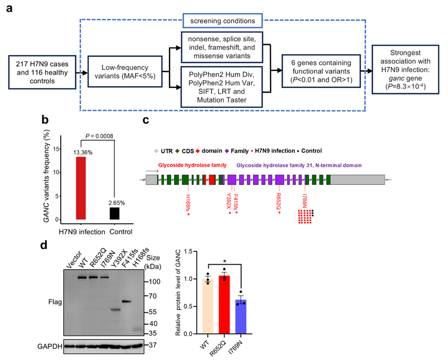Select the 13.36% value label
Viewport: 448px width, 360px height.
84,152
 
